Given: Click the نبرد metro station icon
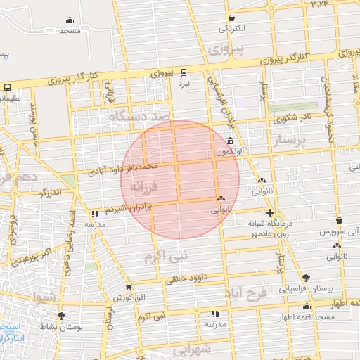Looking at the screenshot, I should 184,72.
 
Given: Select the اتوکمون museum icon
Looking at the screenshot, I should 231,140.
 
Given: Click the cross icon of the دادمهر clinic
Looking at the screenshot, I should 269,212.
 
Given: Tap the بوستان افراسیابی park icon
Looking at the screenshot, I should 306,277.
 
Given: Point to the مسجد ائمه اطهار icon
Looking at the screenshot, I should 307,306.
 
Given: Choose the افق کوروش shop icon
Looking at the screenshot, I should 129,287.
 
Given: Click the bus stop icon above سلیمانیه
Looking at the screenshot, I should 7,87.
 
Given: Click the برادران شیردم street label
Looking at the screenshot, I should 127,209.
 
